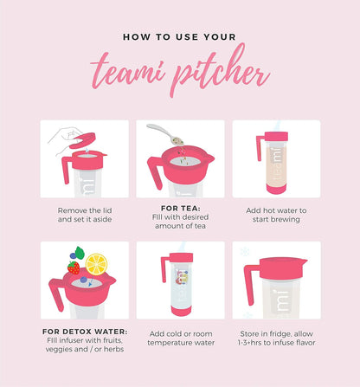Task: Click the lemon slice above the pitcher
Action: click(x=97, y=264)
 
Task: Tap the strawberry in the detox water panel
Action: click(x=74, y=268)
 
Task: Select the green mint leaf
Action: click(x=80, y=253)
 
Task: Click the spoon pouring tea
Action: click(x=165, y=134)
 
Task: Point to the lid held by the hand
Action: click(x=82, y=140)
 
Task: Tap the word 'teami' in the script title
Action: click(x=128, y=72)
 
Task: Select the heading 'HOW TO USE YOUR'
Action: click(x=179, y=37)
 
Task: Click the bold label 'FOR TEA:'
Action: click(x=180, y=208)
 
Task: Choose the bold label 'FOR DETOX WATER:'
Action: click(x=85, y=332)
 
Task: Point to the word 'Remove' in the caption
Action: click(x=68, y=210)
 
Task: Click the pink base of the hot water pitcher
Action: click(x=276, y=190)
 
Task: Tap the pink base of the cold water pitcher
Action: click(x=181, y=312)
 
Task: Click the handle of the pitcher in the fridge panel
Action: click(x=250, y=283)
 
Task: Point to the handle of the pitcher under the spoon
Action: click(x=155, y=172)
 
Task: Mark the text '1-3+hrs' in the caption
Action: click(x=250, y=343)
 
